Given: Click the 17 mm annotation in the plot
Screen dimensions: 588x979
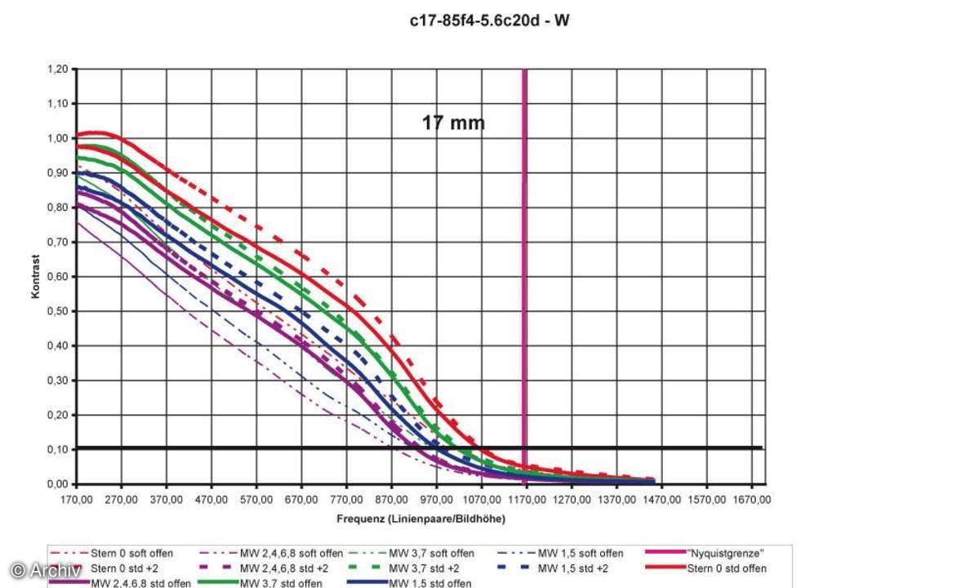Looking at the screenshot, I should [x=453, y=123].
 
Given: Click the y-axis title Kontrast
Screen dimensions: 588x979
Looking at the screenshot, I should [x=36, y=277].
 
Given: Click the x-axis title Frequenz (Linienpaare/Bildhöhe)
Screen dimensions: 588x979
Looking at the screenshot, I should [x=421, y=519].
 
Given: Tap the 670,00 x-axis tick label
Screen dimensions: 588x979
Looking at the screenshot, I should [x=302, y=497].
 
